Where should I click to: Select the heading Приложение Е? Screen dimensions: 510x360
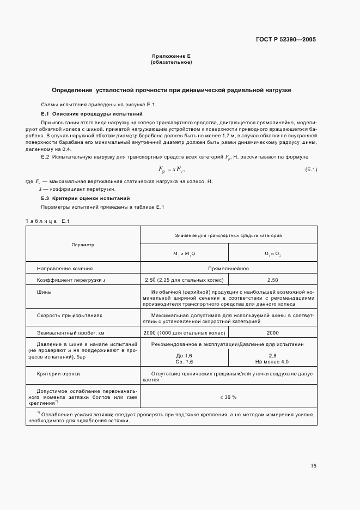pos(170,57)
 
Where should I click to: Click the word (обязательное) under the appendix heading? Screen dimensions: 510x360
pos(170,62)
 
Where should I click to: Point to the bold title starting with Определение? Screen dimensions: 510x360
pos(171,89)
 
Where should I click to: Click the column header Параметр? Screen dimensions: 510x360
pos(83,245)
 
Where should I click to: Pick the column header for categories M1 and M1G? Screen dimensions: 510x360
pos(184,253)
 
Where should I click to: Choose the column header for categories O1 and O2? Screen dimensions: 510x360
pos(272,253)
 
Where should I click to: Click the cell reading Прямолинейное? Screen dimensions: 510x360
pos(228,269)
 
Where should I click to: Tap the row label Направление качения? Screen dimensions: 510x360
pos(64,269)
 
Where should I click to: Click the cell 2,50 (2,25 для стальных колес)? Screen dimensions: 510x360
pos(184,280)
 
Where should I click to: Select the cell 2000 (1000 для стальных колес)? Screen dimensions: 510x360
pos(184,332)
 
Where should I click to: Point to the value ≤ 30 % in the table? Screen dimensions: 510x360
pos(228,397)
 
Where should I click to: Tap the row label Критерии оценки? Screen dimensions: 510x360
pos(58,374)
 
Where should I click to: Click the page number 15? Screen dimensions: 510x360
pos(313,466)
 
